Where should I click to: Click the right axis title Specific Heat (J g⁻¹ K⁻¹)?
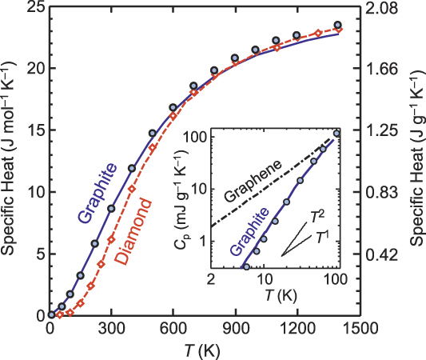coord(416,160)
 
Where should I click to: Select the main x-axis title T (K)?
coord(203,350)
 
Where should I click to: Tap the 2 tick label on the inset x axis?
coord(211,282)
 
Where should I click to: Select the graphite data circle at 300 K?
coord(112,208)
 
